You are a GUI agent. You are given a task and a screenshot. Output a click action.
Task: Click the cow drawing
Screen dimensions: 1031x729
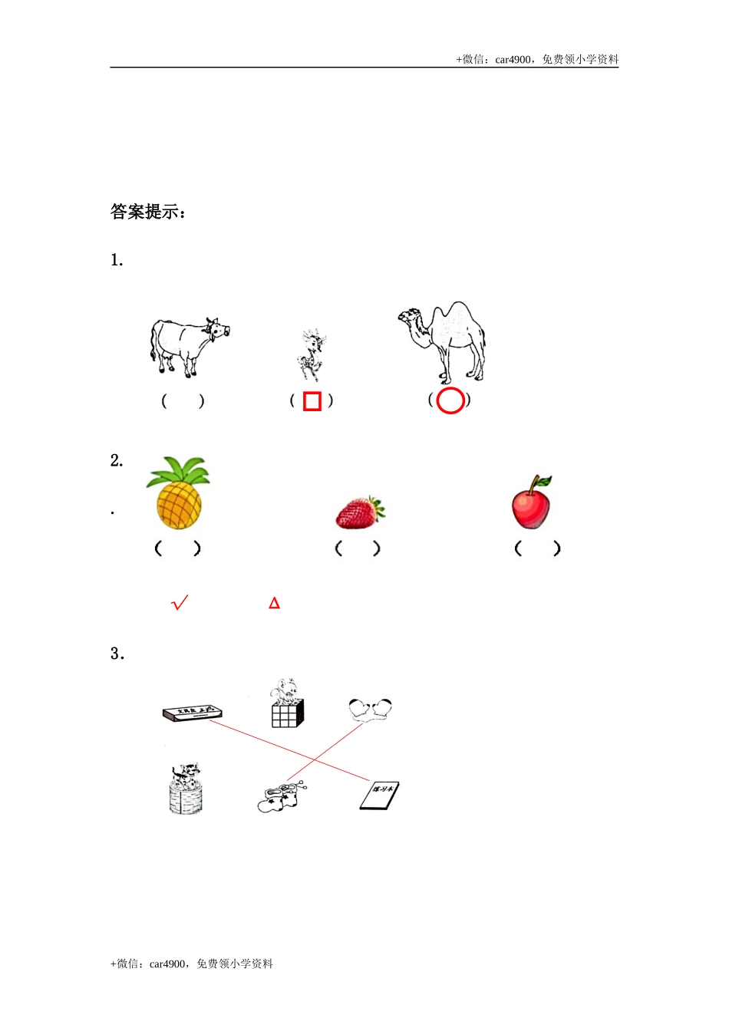pos(187,346)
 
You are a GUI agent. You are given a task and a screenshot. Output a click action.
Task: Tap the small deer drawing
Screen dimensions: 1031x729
pos(311,355)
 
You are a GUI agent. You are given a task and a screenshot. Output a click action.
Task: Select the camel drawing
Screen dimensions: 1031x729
pos(445,341)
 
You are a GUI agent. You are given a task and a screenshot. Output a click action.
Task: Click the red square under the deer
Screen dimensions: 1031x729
pos(312,401)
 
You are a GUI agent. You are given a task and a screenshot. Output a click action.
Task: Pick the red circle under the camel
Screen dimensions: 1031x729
pos(450,400)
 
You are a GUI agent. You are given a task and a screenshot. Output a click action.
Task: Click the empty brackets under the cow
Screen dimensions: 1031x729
pos(183,401)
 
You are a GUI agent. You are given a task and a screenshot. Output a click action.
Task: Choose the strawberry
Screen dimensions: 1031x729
pos(360,512)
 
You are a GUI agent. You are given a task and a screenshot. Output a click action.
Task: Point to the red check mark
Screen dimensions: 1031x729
pos(180,603)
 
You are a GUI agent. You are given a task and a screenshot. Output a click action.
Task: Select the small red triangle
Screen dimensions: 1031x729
pos(274,604)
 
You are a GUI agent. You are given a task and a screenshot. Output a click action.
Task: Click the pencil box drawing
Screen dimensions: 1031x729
pos(193,713)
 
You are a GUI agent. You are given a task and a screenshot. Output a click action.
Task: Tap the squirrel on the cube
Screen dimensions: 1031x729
pos(287,703)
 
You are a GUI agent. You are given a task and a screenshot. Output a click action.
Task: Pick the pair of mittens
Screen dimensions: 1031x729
pos(370,709)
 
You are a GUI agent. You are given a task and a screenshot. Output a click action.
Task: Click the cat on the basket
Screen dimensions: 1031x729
pos(186,789)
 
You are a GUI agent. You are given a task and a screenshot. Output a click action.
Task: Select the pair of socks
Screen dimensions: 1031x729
pos(281,797)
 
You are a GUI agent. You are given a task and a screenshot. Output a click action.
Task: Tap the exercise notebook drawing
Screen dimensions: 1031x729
pos(380,795)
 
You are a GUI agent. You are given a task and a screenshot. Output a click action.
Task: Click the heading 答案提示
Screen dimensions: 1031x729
pos(148,212)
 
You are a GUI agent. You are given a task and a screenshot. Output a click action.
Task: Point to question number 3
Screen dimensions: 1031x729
pos(117,654)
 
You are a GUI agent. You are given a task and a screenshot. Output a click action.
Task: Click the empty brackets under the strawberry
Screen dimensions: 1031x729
pos(358,548)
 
